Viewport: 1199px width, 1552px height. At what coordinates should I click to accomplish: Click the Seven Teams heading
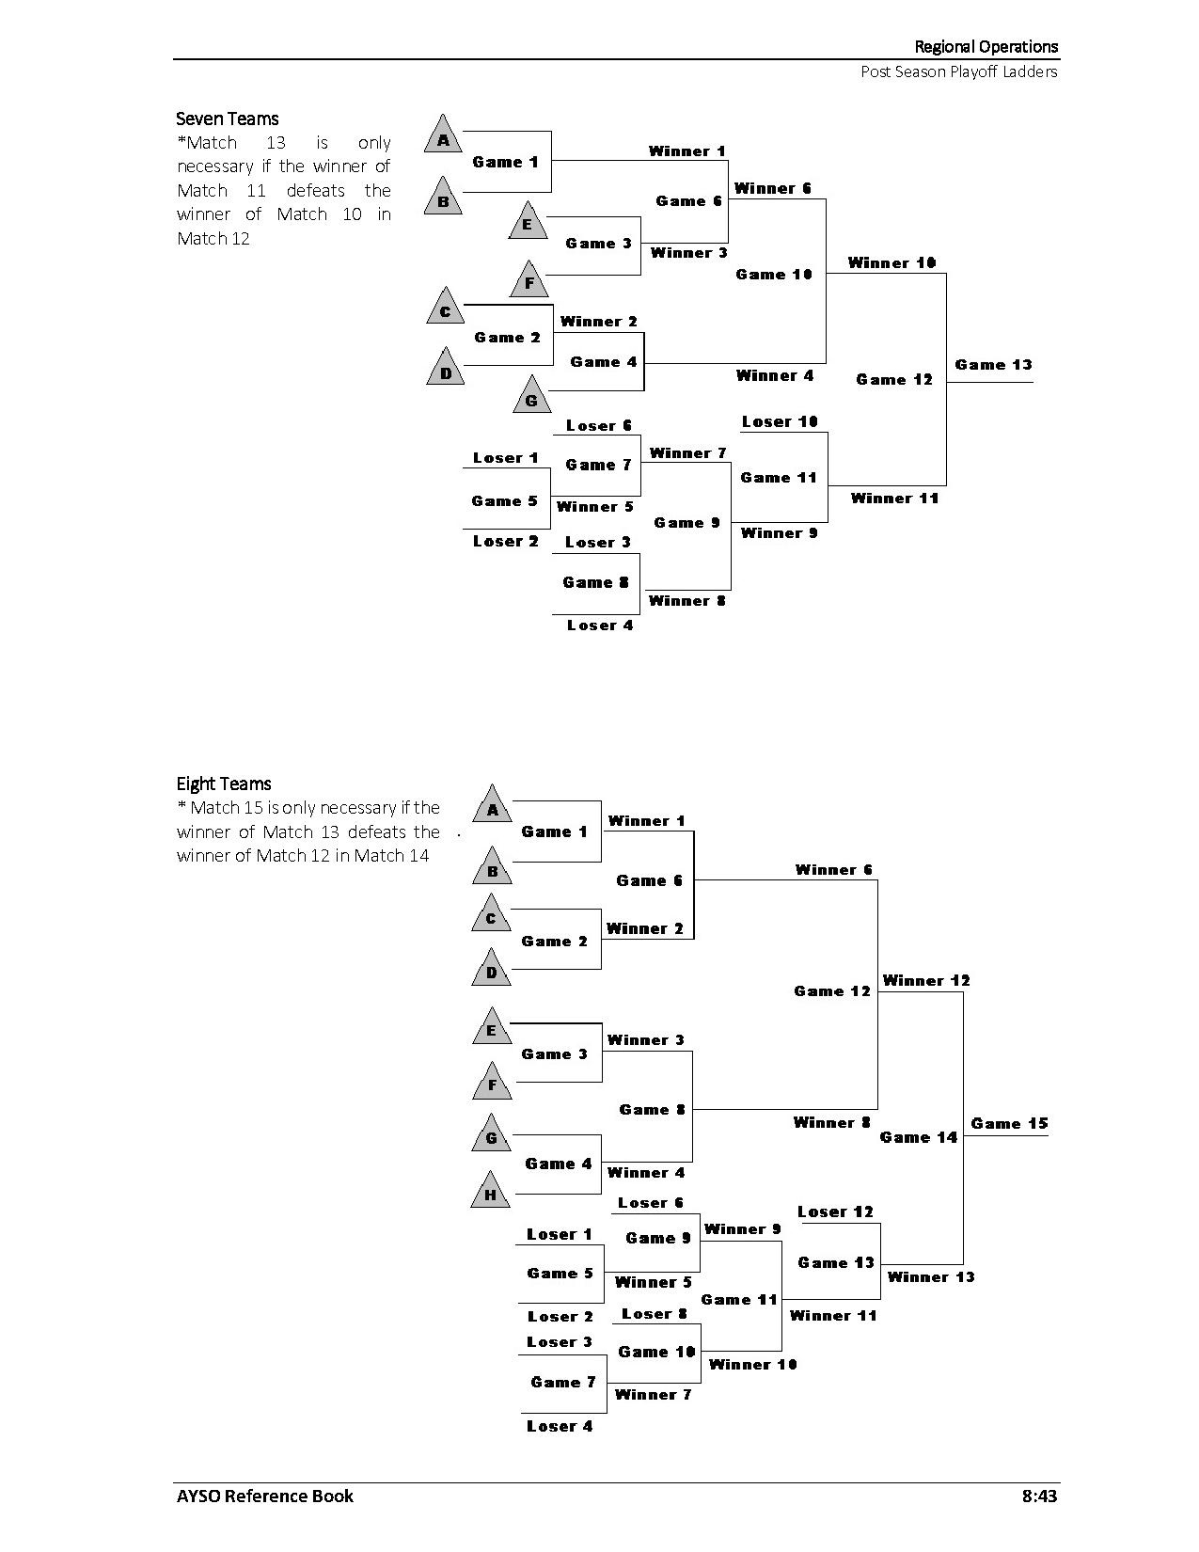point(228,119)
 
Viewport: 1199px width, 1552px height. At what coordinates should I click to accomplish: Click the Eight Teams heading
point(224,784)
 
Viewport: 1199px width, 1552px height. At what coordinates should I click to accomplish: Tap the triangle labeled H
point(490,1192)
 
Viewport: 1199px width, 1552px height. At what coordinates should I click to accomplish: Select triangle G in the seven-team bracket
point(531,397)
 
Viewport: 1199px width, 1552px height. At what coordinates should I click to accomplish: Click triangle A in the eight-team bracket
point(492,806)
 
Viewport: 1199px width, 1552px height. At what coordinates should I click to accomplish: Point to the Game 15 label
point(1009,1123)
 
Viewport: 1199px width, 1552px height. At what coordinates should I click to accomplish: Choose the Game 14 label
point(918,1137)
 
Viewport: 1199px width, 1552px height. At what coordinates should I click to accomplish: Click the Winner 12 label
point(926,980)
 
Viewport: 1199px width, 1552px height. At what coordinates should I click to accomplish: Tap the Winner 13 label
point(931,1276)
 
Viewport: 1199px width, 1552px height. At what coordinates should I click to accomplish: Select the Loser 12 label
point(836,1212)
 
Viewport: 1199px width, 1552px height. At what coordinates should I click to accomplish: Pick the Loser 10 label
point(780,421)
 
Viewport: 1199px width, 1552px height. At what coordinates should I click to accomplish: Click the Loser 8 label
point(655,1314)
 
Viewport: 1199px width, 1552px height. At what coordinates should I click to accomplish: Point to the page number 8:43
point(1039,1496)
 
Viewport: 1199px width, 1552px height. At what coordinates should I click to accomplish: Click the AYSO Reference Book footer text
point(265,1496)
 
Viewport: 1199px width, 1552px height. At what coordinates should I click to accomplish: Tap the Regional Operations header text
point(986,46)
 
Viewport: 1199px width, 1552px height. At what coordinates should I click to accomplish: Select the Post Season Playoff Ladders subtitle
point(958,71)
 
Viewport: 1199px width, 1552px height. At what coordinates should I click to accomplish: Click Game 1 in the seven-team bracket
point(505,162)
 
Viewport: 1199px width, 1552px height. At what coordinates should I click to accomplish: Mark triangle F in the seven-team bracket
point(529,280)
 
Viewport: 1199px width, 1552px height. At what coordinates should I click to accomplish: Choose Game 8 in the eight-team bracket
point(652,1110)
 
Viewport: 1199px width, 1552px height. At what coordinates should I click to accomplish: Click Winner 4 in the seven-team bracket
point(774,375)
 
